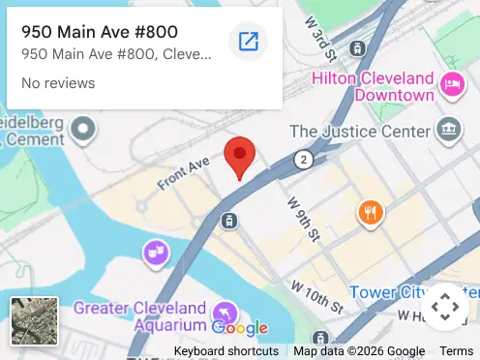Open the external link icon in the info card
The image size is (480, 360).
(x=248, y=41)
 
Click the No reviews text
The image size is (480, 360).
(x=58, y=83)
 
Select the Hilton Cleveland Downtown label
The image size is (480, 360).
(x=373, y=86)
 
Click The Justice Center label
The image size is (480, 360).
(x=359, y=131)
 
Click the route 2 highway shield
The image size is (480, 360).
(x=304, y=159)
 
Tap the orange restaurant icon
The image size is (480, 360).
(x=370, y=212)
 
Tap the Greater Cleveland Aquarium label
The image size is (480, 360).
(x=140, y=317)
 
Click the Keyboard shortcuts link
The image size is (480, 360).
(x=226, y=351)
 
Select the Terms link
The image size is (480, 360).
(x=457, y=351)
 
